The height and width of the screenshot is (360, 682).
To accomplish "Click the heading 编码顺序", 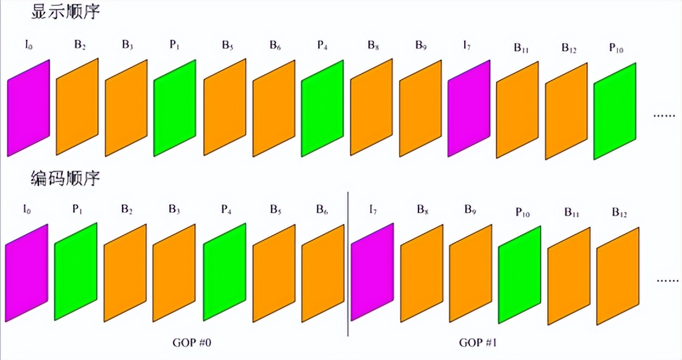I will click(65, 177).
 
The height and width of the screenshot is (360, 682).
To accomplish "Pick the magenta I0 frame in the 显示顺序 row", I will click(28, 108).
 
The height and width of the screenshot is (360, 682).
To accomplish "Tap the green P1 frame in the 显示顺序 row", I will click(175, 108).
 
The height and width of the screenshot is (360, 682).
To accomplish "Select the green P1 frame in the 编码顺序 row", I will click(76, 272).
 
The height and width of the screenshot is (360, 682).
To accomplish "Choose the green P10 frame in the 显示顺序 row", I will click(615, 111).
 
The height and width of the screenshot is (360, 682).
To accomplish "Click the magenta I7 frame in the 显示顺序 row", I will click(469, 108).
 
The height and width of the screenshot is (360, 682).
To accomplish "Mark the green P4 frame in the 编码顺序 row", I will click(224, 272).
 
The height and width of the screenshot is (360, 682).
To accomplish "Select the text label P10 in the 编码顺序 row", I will click(522, 213).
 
